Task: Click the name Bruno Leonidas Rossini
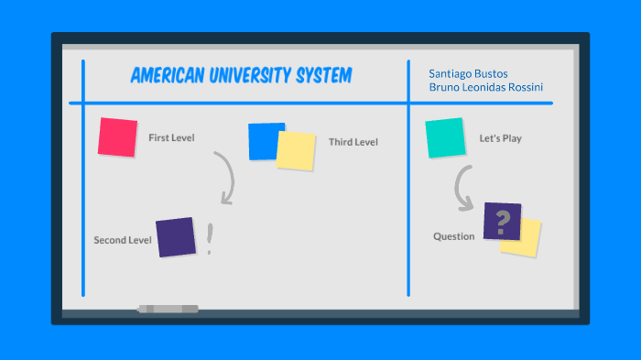(x=485, y=88)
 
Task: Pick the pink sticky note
(x=117, y=137)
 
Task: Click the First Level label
(x=171, y=138)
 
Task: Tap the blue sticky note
(x=264, y=140)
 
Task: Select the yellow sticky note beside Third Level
(x=296, y=150)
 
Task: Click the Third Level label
(x=353, y=142)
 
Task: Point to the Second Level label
(x=122, y=240)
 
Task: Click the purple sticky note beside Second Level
(x=176, y=237)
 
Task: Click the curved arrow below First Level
(x=225, y=178)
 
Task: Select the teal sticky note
(x=445, y=138)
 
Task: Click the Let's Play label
(x=500, y=139)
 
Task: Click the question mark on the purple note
(x=502, y=223)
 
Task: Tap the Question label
(x=453, y=236)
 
